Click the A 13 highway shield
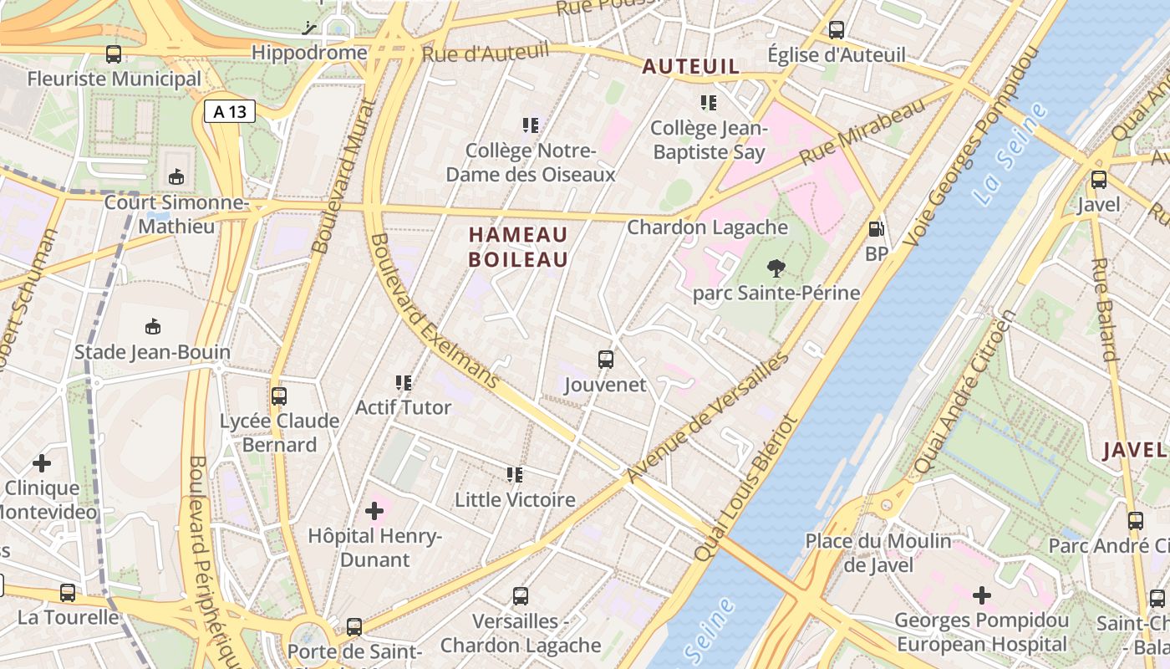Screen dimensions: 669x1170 coord(229,111)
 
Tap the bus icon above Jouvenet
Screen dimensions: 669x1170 coord(606,360)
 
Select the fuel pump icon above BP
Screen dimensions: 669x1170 coord(876,228)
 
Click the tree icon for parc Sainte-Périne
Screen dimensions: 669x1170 coord(776,268)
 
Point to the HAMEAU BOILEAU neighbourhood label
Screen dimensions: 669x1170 coord(518,247)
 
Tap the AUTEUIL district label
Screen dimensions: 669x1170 coord(691,67)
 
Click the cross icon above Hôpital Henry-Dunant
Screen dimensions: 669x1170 coord(374,510)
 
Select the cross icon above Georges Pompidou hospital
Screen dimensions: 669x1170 coord(982,595)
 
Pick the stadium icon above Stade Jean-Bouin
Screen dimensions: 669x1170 coord(152,326)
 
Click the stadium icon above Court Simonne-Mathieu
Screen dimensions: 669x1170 coord(176,177)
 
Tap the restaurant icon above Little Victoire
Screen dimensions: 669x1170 coord(515,475)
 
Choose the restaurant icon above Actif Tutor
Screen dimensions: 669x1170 coord(404,383)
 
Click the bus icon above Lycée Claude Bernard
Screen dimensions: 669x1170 coord(279,396)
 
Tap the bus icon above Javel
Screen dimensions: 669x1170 coord(1098,179)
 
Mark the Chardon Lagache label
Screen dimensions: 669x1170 coord(707,227)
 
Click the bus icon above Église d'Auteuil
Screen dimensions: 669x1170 coord(837,30)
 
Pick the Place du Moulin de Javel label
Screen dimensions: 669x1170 coord(877,552)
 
